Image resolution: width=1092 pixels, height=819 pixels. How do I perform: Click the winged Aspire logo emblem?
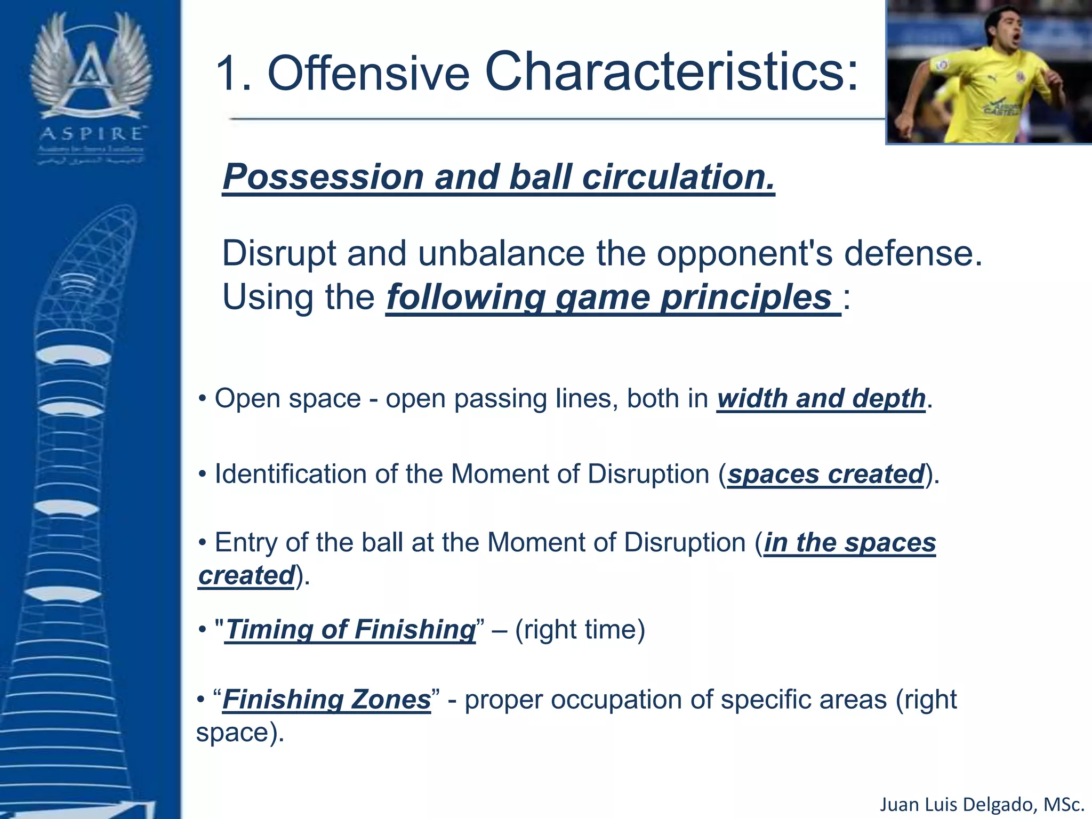tap(91, 67)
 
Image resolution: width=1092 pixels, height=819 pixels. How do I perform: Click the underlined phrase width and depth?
tap(821, 399)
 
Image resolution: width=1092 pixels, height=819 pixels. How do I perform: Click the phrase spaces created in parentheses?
tap(825, 474)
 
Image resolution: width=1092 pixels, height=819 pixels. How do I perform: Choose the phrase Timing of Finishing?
tap(350, 629)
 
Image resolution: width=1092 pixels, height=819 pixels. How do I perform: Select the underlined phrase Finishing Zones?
tap(326, 700)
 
